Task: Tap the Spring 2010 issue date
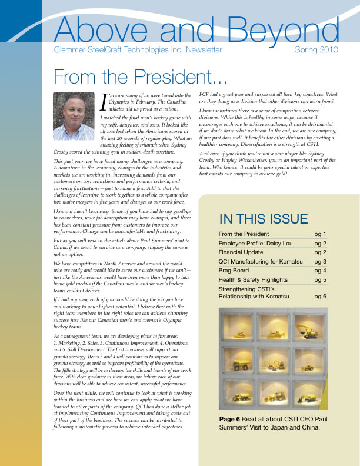(316, 50)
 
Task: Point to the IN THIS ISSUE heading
(263, 219)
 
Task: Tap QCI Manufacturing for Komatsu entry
(265, 261)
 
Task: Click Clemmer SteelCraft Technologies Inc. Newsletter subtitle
(138, 50)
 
